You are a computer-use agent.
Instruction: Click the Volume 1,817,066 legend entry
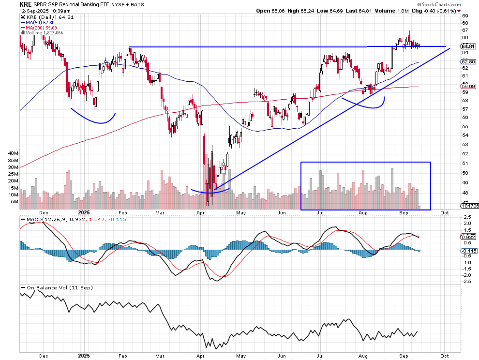pyautogui.click(x=43, y=33)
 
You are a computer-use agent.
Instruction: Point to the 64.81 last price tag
pyautogui.click(x=467, y=46)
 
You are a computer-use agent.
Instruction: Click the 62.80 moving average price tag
pyautogui.click(x=467, y=62)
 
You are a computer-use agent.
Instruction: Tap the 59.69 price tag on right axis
pyautogui.click(x=467, y=86)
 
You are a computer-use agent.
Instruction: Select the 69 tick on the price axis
pyautogui.click(x=465, y=15)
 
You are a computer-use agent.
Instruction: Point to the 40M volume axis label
pyautogui.click(x=13, y=153)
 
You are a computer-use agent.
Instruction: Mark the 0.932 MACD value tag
pyautogui.click(x=467, y=237)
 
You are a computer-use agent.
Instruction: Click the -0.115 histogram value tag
pyautogui.click(x=467, y=251)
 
